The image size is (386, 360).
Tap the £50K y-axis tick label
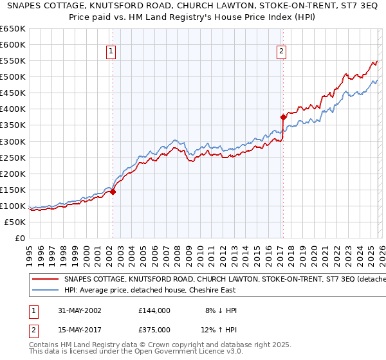pos(16,222)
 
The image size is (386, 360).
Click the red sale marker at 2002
pos(113,191)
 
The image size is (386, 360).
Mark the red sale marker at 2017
pos(282,117)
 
